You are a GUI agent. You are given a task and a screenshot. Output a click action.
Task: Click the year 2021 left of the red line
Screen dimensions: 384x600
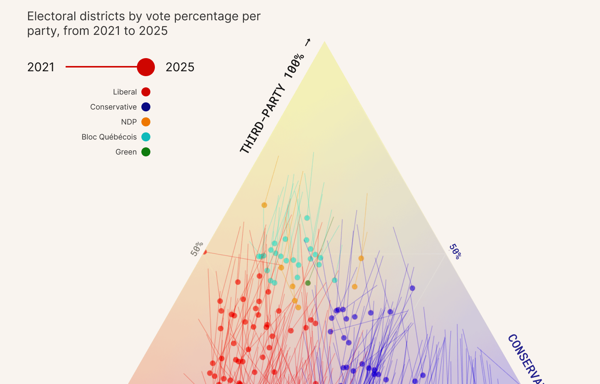41,67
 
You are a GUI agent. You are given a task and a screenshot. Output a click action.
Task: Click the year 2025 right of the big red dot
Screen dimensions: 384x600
180,67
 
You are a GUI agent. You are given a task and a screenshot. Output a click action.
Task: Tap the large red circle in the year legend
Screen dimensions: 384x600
146,67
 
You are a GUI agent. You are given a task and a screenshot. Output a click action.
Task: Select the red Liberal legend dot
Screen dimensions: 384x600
146,92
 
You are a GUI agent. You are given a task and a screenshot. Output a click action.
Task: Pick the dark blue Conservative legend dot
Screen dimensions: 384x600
146,107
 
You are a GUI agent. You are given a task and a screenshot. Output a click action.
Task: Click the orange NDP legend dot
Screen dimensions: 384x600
146,122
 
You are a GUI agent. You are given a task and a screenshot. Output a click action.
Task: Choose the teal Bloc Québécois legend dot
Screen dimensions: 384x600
146,137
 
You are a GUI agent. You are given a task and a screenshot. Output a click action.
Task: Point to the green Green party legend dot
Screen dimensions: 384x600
146,152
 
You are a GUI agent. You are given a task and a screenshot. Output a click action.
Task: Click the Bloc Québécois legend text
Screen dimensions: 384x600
109,137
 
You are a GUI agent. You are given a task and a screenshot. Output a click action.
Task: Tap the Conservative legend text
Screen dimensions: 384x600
113,107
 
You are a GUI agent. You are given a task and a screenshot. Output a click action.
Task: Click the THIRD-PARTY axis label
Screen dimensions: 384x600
262,119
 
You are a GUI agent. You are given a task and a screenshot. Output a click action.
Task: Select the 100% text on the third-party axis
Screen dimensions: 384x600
294,66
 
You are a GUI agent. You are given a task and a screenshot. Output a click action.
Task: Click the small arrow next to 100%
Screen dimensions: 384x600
308,42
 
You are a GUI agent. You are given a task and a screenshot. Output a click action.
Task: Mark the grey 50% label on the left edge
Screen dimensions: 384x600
197,249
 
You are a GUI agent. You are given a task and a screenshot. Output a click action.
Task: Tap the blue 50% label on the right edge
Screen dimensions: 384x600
455,252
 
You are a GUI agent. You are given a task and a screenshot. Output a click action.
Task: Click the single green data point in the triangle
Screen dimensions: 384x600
308,283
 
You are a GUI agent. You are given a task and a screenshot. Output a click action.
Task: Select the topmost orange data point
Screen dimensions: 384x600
264,205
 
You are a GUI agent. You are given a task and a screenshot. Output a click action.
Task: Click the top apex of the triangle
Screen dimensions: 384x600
324,42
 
